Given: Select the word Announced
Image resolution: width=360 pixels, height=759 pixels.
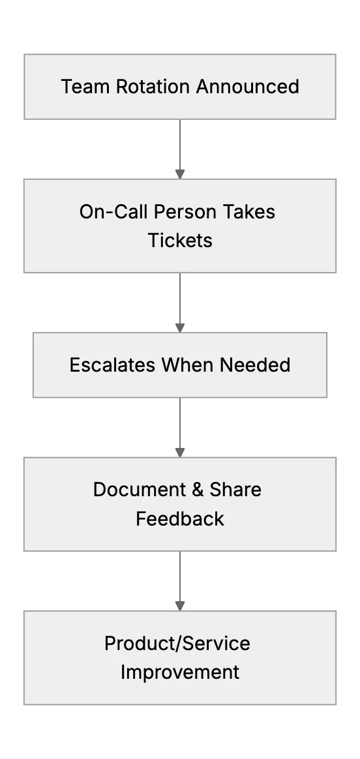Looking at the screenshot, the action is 248,87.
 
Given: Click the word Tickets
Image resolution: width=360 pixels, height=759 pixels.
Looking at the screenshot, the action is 180,240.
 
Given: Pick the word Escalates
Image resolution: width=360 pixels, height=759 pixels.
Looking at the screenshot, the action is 113,365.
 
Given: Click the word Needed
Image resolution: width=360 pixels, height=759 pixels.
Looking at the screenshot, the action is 255,365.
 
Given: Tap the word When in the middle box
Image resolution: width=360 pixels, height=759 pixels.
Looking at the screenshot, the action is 188,365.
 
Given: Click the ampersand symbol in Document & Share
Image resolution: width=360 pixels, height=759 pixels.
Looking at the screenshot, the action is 198,490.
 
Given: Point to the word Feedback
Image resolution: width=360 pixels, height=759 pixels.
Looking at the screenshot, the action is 180,518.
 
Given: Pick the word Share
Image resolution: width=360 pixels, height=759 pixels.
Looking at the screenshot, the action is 235,490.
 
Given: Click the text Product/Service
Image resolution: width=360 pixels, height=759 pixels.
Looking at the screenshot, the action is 177,644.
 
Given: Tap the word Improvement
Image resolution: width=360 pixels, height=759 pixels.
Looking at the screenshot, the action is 180,672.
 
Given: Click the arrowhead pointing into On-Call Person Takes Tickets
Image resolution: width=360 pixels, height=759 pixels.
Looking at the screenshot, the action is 180,174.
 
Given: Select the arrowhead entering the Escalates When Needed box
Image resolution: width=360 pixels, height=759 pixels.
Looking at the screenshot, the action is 180,328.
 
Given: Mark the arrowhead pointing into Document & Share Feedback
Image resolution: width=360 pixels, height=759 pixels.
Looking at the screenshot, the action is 180,453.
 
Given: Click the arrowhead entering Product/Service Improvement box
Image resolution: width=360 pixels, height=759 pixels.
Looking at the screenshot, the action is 180,606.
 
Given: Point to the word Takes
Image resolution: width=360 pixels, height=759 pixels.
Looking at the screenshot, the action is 248,211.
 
